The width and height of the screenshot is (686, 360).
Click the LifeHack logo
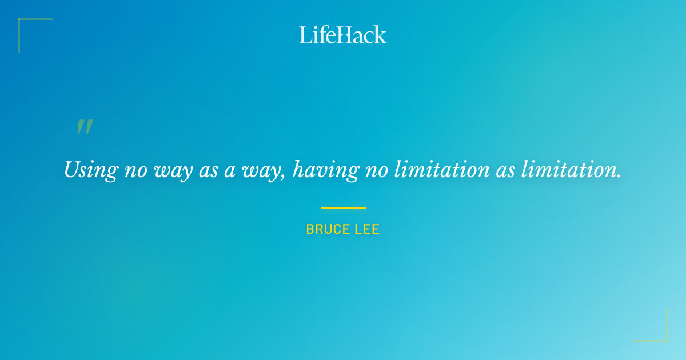click(343, 35)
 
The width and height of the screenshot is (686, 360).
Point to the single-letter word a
click(230, 170)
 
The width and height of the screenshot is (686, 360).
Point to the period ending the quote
click(619, 176)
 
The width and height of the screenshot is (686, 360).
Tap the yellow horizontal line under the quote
click(343, 207)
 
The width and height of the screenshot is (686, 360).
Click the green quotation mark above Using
click(85, 127)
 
